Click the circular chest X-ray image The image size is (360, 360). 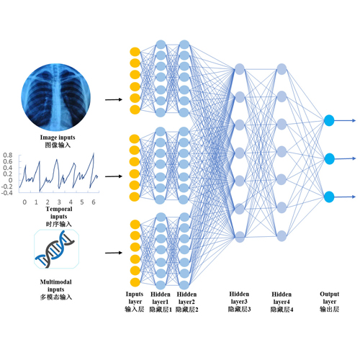tap(56, 97)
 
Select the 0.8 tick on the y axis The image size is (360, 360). tap(8, 156)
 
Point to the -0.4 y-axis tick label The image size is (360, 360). tap(6, 193)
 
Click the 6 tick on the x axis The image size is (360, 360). tap(94, 202)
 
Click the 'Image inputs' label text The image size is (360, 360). tap(58, 138)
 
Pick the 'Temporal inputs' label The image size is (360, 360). tap(59, 212)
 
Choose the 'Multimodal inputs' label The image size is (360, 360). tap(56, 286)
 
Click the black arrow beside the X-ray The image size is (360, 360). tap(114, 99)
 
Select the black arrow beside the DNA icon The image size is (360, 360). tap(114, 253)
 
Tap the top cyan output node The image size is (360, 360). tap(329, 120)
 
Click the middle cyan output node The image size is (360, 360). tap(329, 158)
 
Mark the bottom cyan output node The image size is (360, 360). tap(329, 197)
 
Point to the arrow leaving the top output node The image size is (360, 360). tap(345, 120)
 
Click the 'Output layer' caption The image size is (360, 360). tap(330, 297)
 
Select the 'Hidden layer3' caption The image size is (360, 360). tap(239, 297)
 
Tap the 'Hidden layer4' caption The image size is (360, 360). tap(282, 297)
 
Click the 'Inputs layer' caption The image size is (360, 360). tap(135, 297)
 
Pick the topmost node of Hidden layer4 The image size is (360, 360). tap(282, 69)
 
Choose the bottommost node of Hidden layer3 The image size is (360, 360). tap(240, 237)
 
